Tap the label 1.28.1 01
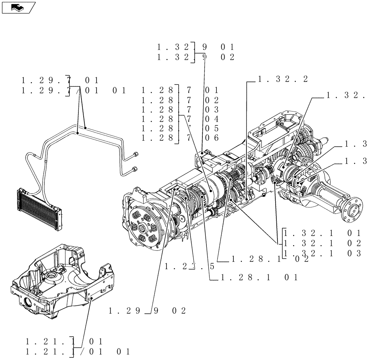(x=259, y=277)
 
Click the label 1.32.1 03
(x=322, y=253)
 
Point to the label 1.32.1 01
(x=322, y=233)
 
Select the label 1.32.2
(x=283, y=79)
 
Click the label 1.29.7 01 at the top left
(x=60, y=80)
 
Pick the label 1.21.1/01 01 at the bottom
(x=78, y=350)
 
